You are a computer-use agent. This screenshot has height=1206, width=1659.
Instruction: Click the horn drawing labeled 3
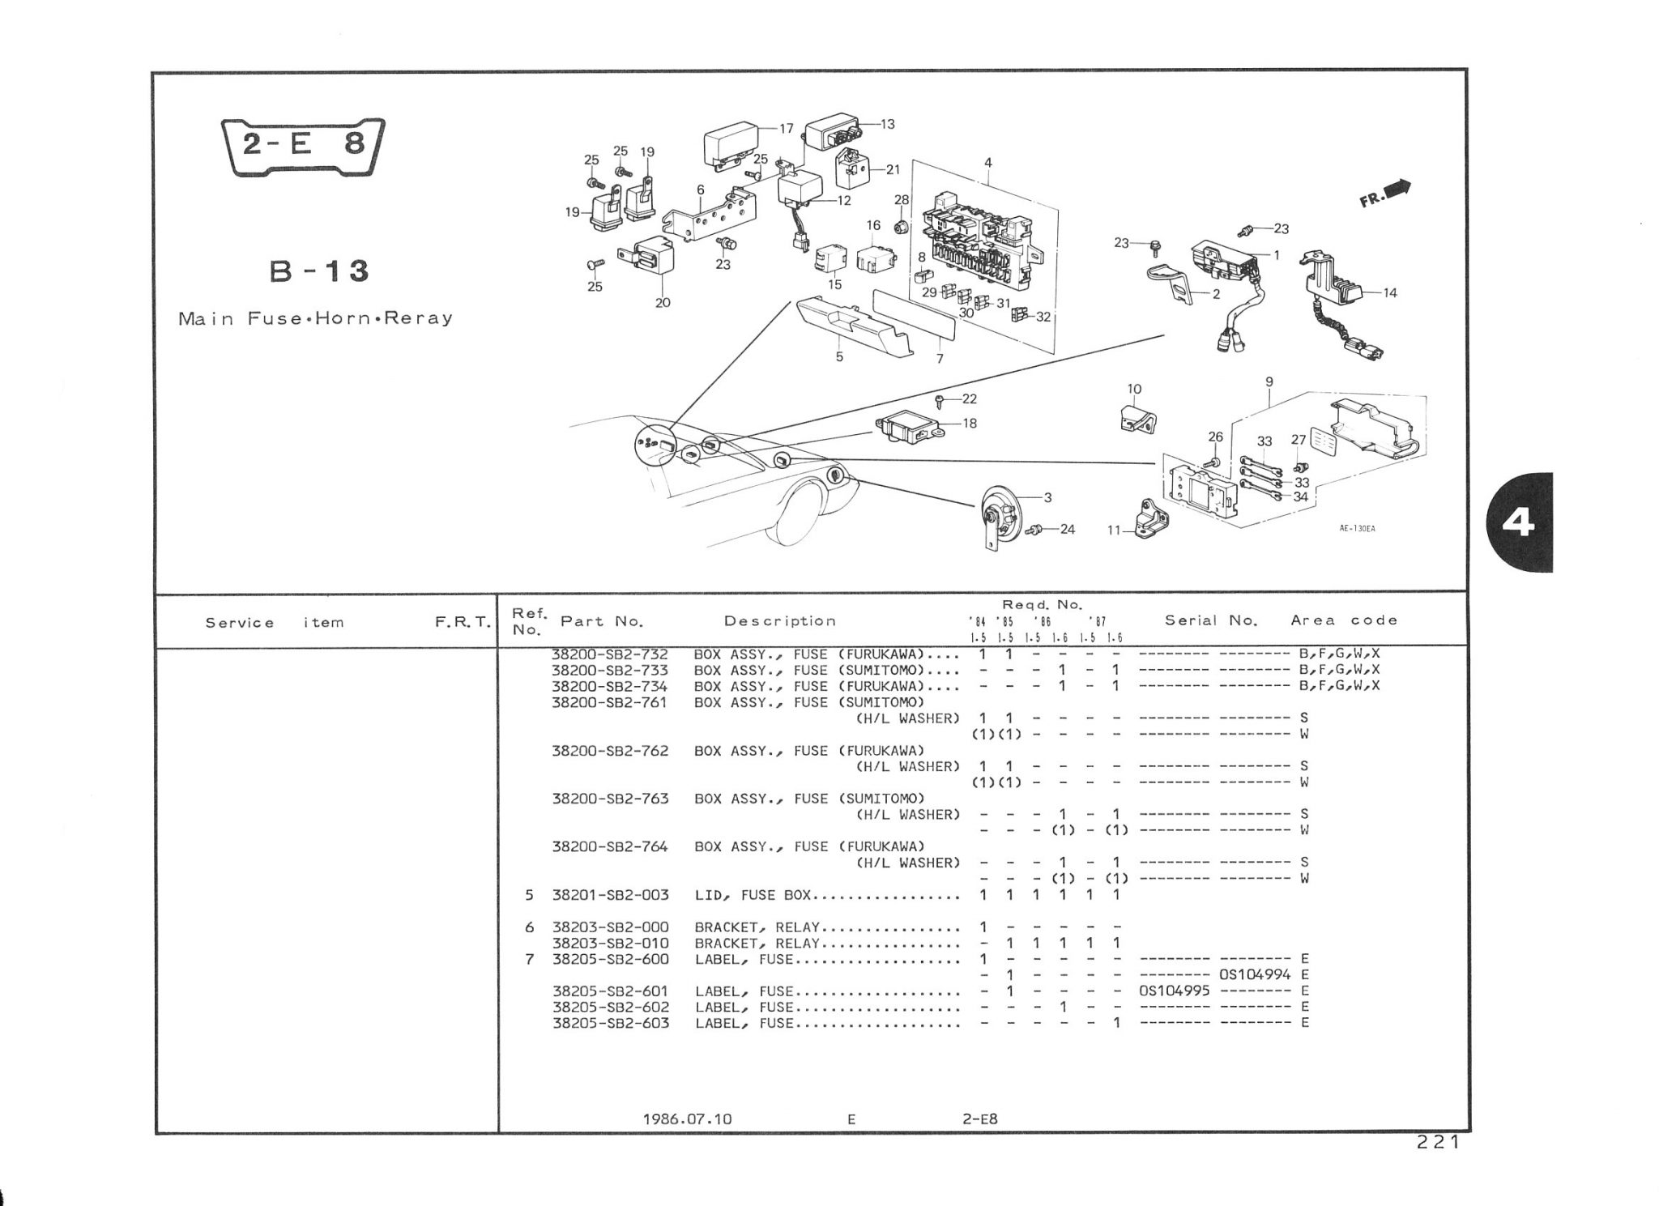coord(1000,517)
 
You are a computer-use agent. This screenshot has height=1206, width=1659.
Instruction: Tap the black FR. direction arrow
coord(1397,191)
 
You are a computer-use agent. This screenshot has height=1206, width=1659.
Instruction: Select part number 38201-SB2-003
coord(611,895)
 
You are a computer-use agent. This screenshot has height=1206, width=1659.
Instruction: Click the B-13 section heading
coord(320,271)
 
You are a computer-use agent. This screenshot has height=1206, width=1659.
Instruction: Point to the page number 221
coord(1438,1143)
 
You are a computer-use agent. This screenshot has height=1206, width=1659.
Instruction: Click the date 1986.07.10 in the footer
coord(687,1119)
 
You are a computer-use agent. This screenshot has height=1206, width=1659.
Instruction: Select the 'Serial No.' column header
coord(1211,620)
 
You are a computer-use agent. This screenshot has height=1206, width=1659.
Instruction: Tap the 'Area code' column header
coord(1345,620)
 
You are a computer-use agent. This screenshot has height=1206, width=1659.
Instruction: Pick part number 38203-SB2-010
coord(611,943)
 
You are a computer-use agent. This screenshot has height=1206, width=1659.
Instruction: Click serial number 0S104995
coord(1174,991)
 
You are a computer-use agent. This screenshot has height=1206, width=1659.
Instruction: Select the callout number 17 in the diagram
coord(786,129)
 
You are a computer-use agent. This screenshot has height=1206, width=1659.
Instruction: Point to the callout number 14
coord(1390,293)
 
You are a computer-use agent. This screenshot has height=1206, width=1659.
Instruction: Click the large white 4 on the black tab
coord(1517,523)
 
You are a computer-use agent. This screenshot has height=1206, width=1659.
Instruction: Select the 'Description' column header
coord(780,621)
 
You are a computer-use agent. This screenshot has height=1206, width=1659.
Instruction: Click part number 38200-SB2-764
coord(611,847)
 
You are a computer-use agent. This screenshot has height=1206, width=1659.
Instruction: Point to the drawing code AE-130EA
coord(1357,529)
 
